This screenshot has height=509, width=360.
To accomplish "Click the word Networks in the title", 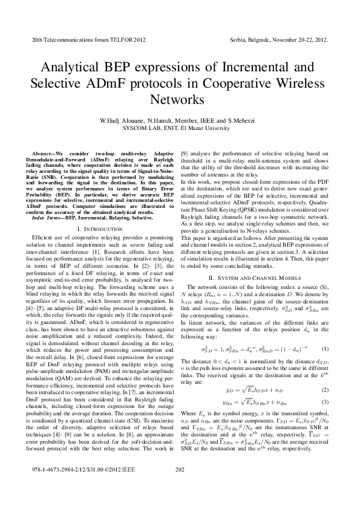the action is (180, 98).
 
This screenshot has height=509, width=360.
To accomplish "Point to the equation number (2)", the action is (325, 389).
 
